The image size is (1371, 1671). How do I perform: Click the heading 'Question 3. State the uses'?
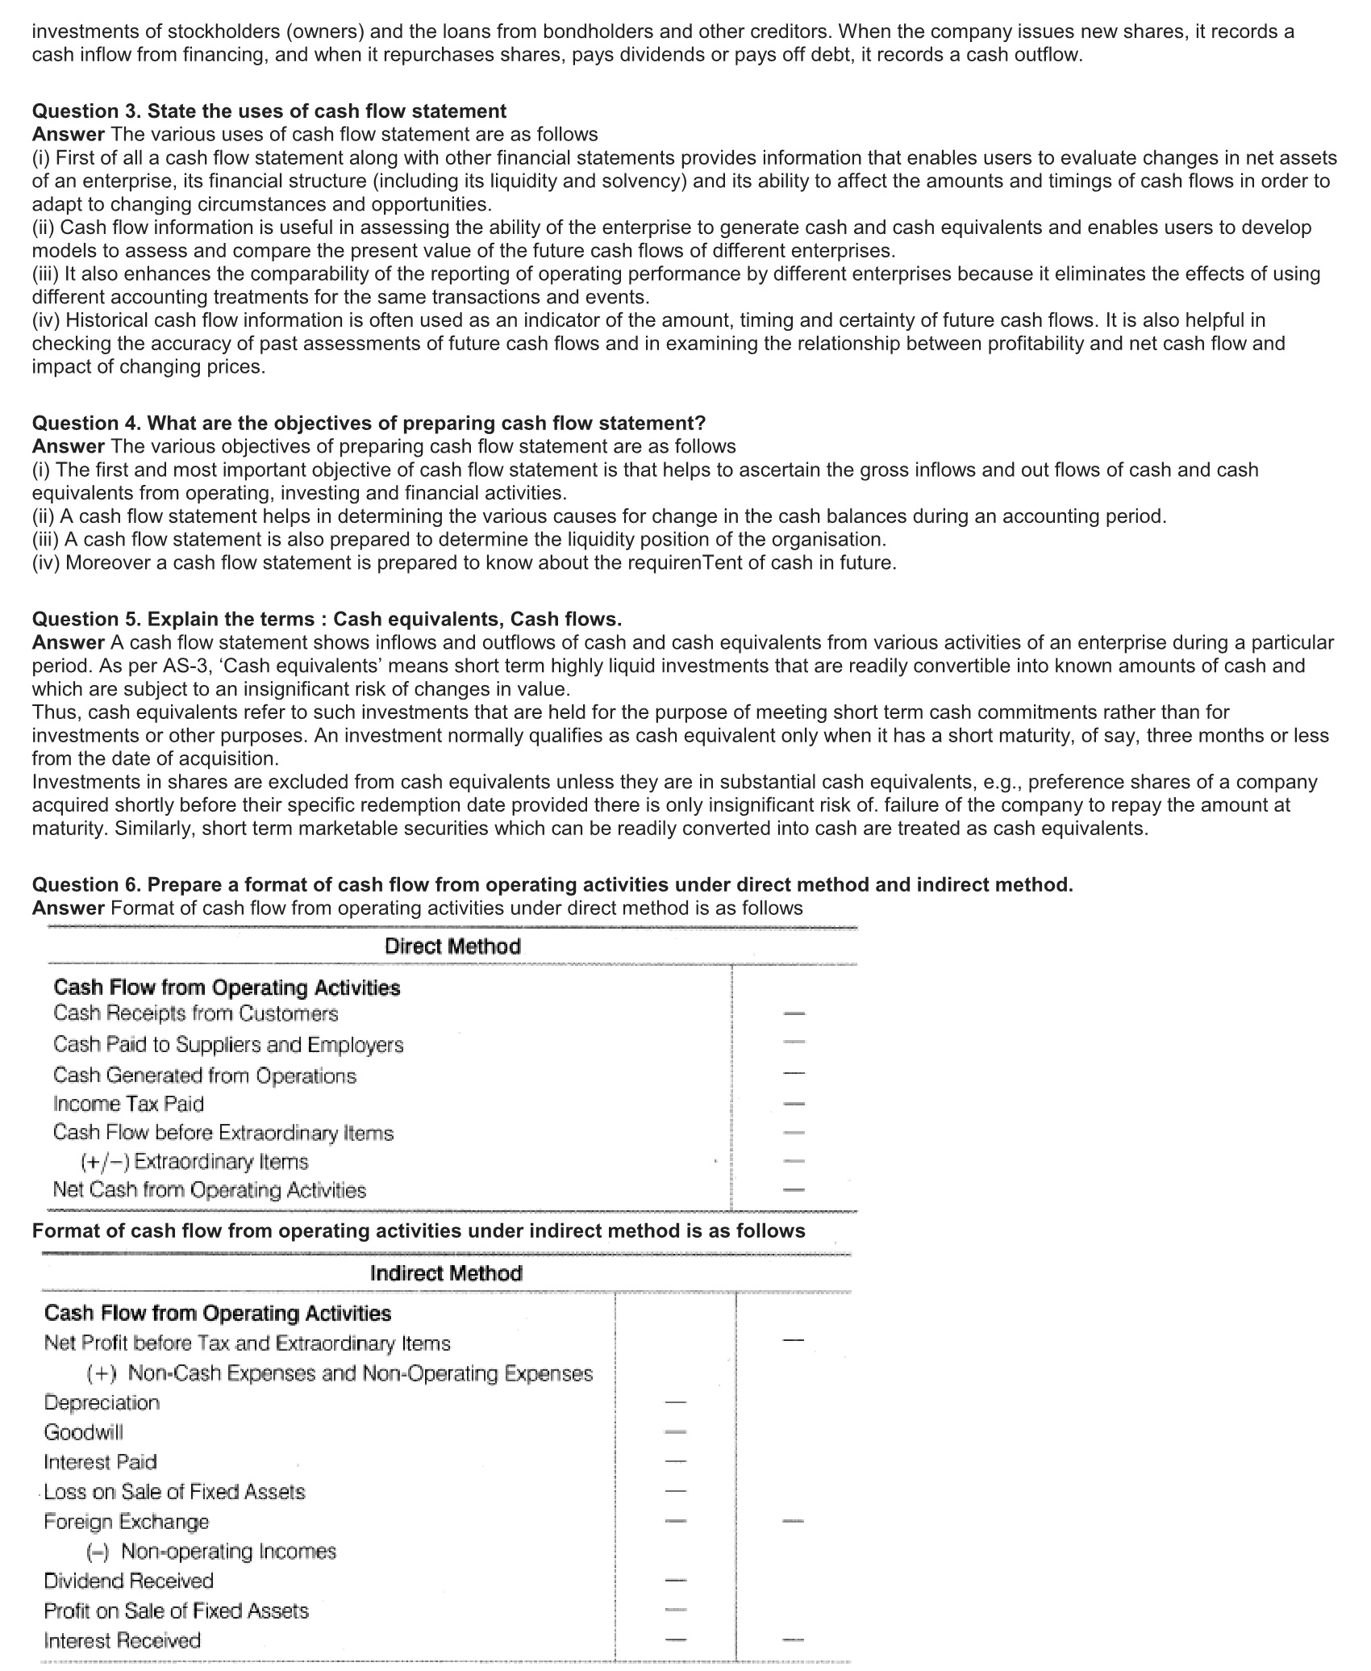269,111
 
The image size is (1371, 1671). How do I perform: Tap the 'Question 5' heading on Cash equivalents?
327,620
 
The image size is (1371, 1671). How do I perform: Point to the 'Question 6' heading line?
552,885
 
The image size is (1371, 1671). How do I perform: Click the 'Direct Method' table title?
452,946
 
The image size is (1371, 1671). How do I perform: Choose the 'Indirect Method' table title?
446,1273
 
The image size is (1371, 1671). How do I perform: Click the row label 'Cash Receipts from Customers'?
196,1013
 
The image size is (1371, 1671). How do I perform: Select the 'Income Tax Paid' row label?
128,1104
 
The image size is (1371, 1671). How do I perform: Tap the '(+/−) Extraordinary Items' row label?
194,1162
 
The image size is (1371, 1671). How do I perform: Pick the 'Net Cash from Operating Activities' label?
210,1190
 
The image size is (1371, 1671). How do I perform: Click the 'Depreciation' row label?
102,1402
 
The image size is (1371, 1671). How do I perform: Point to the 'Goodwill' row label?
84,1432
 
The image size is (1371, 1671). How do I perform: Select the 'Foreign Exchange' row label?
127,1522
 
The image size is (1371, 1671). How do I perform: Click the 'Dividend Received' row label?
129,1581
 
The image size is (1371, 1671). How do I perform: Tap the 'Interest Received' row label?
123,1640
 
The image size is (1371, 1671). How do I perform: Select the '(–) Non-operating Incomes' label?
211,1551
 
